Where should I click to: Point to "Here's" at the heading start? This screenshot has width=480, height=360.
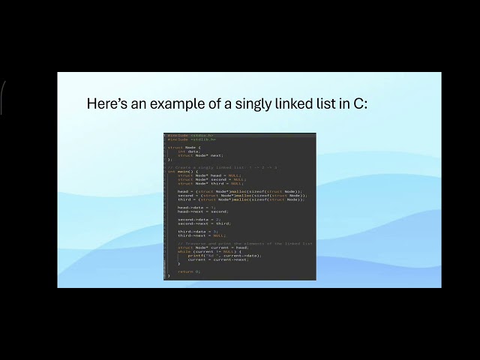pos(105,103)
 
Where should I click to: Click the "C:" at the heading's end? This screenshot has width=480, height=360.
pos(361,103)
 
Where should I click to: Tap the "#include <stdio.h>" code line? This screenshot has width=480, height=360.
pos(191,135)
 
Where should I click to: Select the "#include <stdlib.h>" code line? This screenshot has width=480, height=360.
pos(192,139)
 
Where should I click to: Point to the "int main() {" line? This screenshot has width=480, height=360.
pos(181,171)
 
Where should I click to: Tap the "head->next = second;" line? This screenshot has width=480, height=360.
pos(197,211)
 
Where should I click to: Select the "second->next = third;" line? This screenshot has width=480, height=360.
pos(204,223)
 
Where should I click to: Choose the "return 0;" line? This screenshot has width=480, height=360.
pos(189,271)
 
